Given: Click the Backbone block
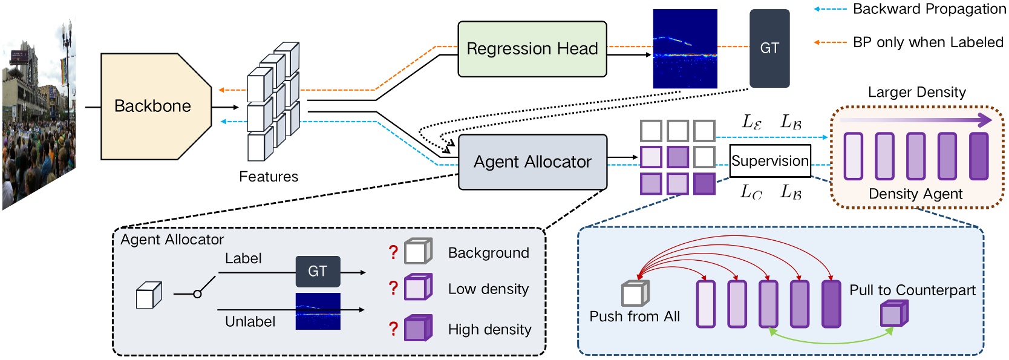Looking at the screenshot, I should (x=152, y=106).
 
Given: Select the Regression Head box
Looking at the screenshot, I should (x=532, y=49).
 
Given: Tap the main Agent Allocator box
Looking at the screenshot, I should (x=532, y=162).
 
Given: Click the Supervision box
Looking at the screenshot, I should (x=769, y=161).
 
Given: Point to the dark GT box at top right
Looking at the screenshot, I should (x=769, y=48).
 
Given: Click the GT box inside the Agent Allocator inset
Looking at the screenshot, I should (x=318, y=272).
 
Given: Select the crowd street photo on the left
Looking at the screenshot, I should (x=38, y=121).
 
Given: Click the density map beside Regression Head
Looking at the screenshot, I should (x=685, y=48).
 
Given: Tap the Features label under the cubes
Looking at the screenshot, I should (x=269, y=177).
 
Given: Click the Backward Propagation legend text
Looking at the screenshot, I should (x=929, y=9).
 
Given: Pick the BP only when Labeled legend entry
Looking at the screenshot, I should (x=927, y=42).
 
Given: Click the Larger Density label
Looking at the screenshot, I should (x=916, y=92).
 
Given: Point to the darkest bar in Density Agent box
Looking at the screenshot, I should (x=978, y=157).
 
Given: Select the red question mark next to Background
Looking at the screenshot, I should (x=393, y=252).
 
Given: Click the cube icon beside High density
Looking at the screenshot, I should (x=418, y=328).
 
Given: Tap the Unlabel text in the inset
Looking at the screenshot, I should (x=250, y=321).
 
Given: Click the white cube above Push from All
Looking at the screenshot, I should (x=635, y=293).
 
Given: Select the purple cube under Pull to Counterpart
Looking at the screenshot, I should (x=893, y=314).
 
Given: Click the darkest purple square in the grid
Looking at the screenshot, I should (x=704, y=183).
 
